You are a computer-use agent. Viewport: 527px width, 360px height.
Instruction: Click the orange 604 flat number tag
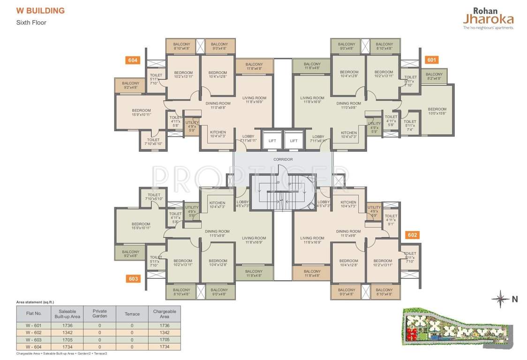pos(133,60)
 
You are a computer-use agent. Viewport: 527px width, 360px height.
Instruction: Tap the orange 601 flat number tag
pos(432,60)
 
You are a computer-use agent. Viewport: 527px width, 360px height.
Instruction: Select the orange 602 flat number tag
pos(413,235)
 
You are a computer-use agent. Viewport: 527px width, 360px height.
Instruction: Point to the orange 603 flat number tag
pos(133,279)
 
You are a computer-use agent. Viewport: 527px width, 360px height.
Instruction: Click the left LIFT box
pos(272,140)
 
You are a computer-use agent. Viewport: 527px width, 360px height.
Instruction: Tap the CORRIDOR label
pos(283,159)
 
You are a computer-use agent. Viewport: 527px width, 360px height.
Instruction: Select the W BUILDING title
pos(40,11)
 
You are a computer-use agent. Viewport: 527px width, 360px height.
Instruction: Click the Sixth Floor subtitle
pos(31,22)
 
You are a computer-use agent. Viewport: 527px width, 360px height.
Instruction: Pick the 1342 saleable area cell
pos(70,332)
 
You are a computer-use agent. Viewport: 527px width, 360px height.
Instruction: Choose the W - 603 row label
pos(34,339)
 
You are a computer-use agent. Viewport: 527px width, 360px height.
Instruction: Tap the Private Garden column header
pos(99,314)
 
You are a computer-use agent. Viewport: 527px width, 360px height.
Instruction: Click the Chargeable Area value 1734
pos(164,346)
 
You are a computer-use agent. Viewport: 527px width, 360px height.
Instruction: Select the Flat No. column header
pos(34,314)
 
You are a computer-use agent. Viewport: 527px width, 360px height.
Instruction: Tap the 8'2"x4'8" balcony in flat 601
pos(434,76)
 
